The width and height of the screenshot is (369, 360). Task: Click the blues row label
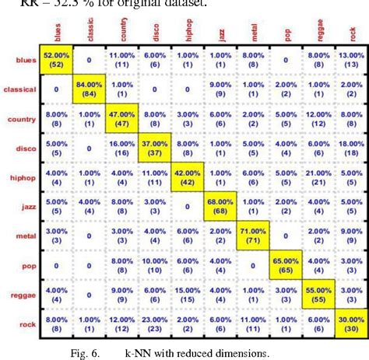22,59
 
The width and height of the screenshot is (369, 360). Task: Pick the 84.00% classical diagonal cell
92,90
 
